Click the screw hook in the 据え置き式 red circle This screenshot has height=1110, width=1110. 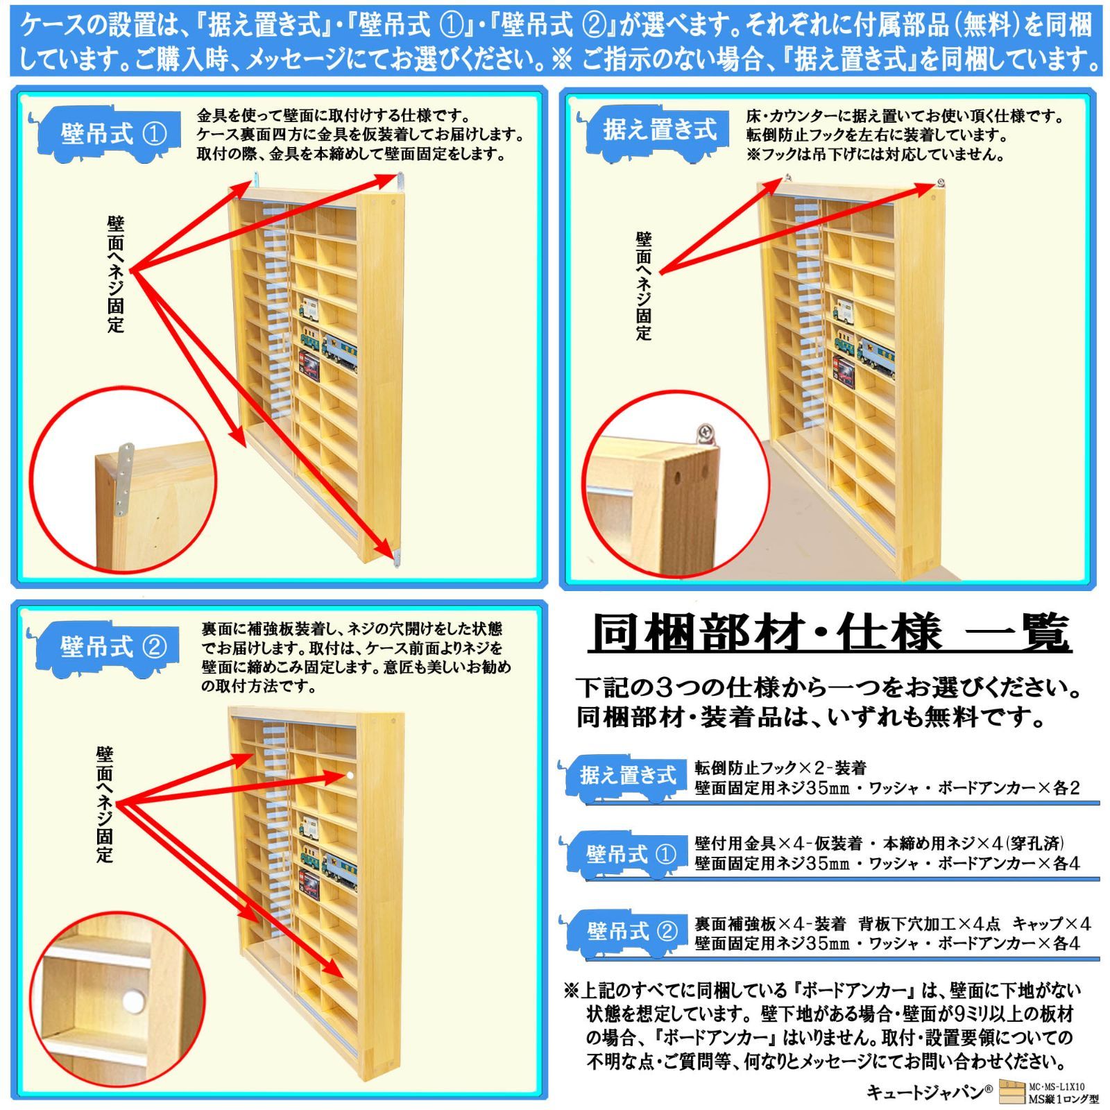[707, 434]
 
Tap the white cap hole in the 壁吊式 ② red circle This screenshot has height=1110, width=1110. [133, 1001]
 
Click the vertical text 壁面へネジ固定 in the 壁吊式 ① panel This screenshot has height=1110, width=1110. [116, 274]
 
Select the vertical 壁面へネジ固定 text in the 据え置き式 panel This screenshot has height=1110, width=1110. [644, 286]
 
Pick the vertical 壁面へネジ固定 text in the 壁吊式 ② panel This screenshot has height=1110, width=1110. [105, 804]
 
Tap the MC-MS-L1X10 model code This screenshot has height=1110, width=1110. [1057, 1087]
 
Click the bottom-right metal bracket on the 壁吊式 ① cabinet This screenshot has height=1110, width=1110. [398, 557]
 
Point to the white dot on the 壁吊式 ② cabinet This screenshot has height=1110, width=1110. [350, 775]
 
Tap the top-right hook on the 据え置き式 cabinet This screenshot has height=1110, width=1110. [939, 184]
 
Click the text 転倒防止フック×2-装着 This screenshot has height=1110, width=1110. [780, 768]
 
